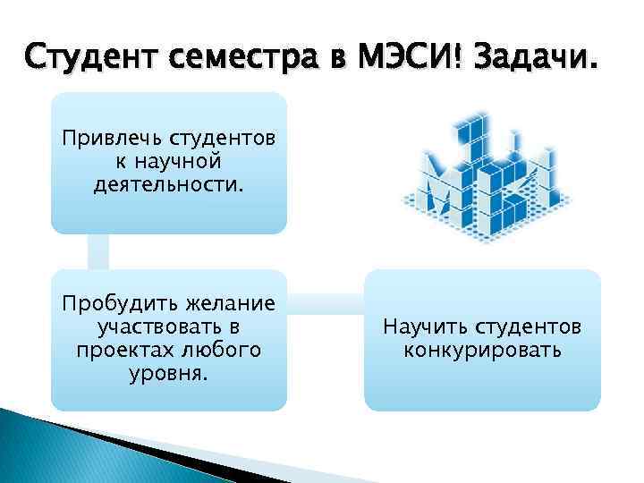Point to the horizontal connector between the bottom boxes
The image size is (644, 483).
[325, 301]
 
